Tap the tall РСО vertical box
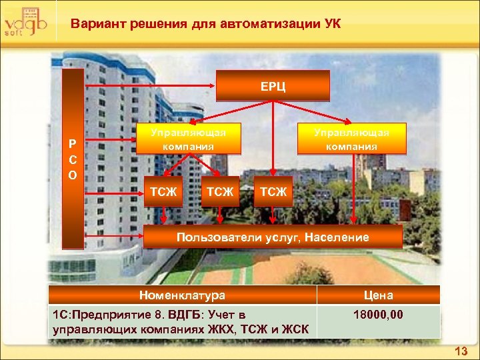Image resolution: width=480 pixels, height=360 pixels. coord(73,159)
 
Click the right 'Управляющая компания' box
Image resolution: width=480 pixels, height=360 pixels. coord(351,139)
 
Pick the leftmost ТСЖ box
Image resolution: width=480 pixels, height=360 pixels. coord(163,192)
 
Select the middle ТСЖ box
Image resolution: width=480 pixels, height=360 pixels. coord(220,192)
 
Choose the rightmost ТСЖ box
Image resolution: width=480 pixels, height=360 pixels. coord(273,192)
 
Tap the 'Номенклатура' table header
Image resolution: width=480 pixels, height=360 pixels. coord(182,295)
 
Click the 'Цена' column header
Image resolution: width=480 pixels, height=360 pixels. coord(378,295)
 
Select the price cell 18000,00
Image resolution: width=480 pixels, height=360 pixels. coord(378,314)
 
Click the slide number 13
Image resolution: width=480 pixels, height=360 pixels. coord(461,351)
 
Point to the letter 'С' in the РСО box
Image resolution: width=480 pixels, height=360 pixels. coord(73,159)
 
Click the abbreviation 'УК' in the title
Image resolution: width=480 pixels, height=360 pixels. coord(331,25)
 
